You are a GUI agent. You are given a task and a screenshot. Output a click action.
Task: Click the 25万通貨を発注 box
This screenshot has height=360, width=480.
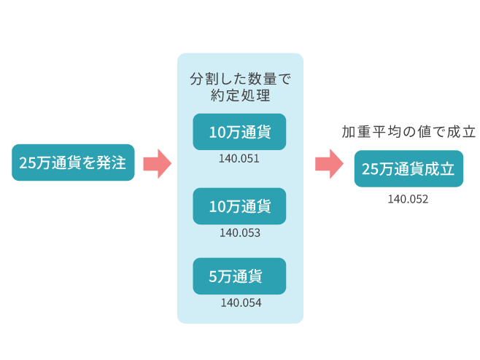pyautogui.click(x=73, y=163)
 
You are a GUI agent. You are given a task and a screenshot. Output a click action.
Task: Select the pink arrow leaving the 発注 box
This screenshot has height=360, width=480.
pyautogui.click(x=156, y=163)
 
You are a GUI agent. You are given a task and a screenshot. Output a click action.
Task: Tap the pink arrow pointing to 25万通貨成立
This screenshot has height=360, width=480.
pyautogui.click(x=329, y=163)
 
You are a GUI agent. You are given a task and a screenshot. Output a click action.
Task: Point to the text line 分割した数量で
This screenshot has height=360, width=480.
pyautogui.click(x=239, y=78)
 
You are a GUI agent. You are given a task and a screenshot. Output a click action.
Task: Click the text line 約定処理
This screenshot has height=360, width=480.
pyautogui.click(x=239, y=95)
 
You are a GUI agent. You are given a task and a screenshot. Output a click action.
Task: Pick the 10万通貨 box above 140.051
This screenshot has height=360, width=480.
pyautogui.click(x=239, y=132)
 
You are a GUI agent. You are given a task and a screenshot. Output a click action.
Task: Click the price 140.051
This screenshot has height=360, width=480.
pyautogui.click(x=239, y=157)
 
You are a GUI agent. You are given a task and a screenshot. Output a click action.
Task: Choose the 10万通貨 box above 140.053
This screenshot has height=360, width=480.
pyautogui.click(x=239, y=206)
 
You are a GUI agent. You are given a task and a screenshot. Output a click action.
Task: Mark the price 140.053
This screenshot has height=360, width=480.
pyautogui.click(x=239, y=232)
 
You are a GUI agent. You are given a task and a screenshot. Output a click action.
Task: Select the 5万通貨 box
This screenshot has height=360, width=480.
pyautogui.click(x=239, y=276)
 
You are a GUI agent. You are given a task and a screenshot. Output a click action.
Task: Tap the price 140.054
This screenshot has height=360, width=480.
pyautogui.click(x=240, y=302)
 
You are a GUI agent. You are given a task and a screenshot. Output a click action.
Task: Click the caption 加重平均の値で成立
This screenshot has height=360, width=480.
pyautogui.click(x=409, y=132)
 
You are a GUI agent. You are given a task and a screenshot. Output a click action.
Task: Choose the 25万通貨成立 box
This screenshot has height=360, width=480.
pyautogui.click(x=409, y=169)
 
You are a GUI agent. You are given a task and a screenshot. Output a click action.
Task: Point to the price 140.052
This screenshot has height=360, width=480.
pyautogui.click(x=408, y=198)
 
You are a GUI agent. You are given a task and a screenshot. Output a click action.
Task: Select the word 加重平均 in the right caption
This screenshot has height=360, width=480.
pyautogui.click(x=368, y=132)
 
